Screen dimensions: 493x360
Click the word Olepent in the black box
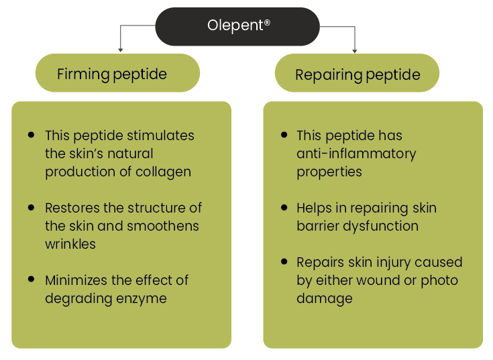(x=235, y=25)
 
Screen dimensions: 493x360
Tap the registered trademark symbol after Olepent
(x=267, y=22)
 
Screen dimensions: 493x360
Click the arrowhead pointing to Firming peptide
(x=121, y=50)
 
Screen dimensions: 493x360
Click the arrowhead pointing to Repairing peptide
(x=355, y=51)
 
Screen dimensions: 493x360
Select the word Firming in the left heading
(x=83, y=75)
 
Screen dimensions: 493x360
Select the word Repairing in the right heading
(x=329, y=75)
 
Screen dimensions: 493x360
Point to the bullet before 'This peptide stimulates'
(x=31, y=135)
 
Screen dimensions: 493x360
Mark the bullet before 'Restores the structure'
(x=31, y=207)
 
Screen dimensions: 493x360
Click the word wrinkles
(x=70, y=244)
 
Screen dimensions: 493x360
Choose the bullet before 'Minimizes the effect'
(x=31, y=279)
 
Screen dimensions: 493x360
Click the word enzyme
(x=141, y=299)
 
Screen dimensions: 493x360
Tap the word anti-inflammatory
(x=356, y=154)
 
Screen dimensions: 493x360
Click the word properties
(x=329, y=172)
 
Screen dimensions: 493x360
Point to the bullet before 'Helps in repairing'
(x=284, y=207)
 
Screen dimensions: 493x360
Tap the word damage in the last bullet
(x=325, y=299)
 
